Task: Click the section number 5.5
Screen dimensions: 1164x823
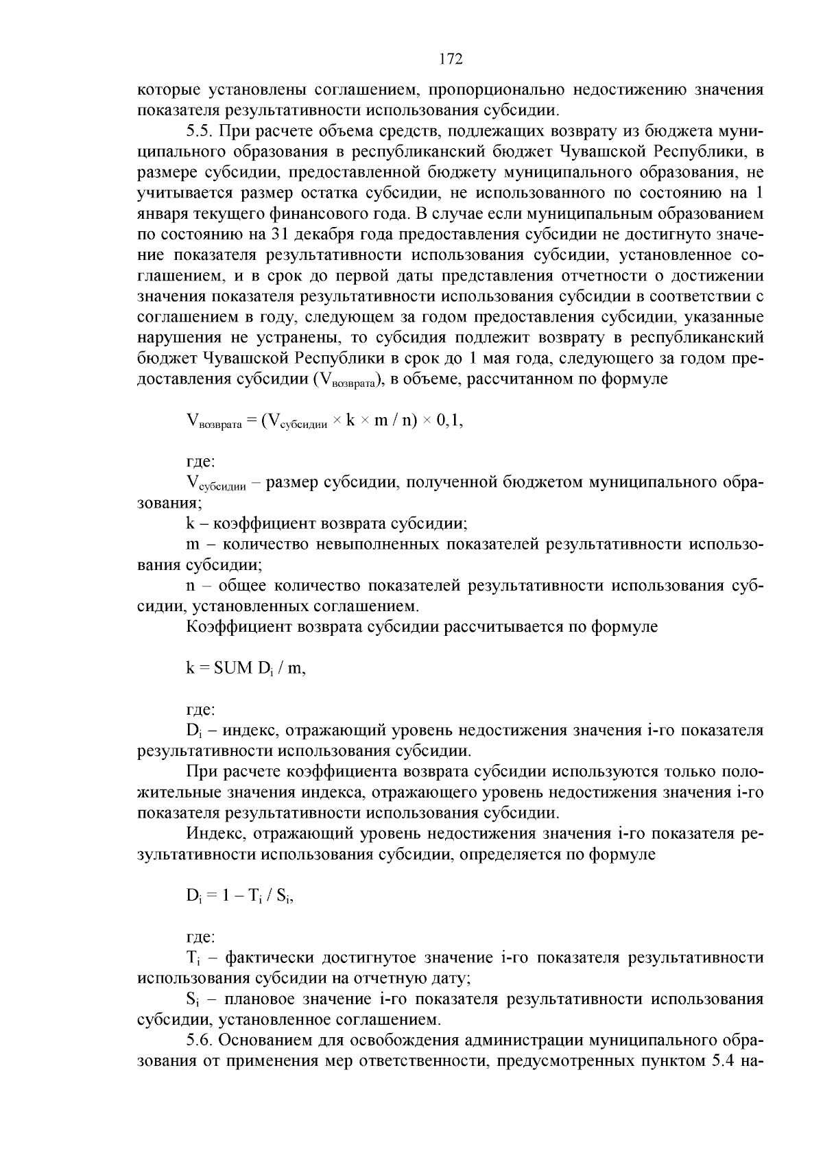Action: [x=200, y=130]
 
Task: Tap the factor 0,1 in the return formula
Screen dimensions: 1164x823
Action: [x=450, y=420]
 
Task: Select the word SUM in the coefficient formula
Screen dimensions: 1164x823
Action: [x=233, y=668]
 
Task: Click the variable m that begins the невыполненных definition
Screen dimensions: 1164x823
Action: [x=193, y=545]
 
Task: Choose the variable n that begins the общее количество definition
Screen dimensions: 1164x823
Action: [x=191, y=586]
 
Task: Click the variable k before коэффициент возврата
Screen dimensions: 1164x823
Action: [x=191, y=524]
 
